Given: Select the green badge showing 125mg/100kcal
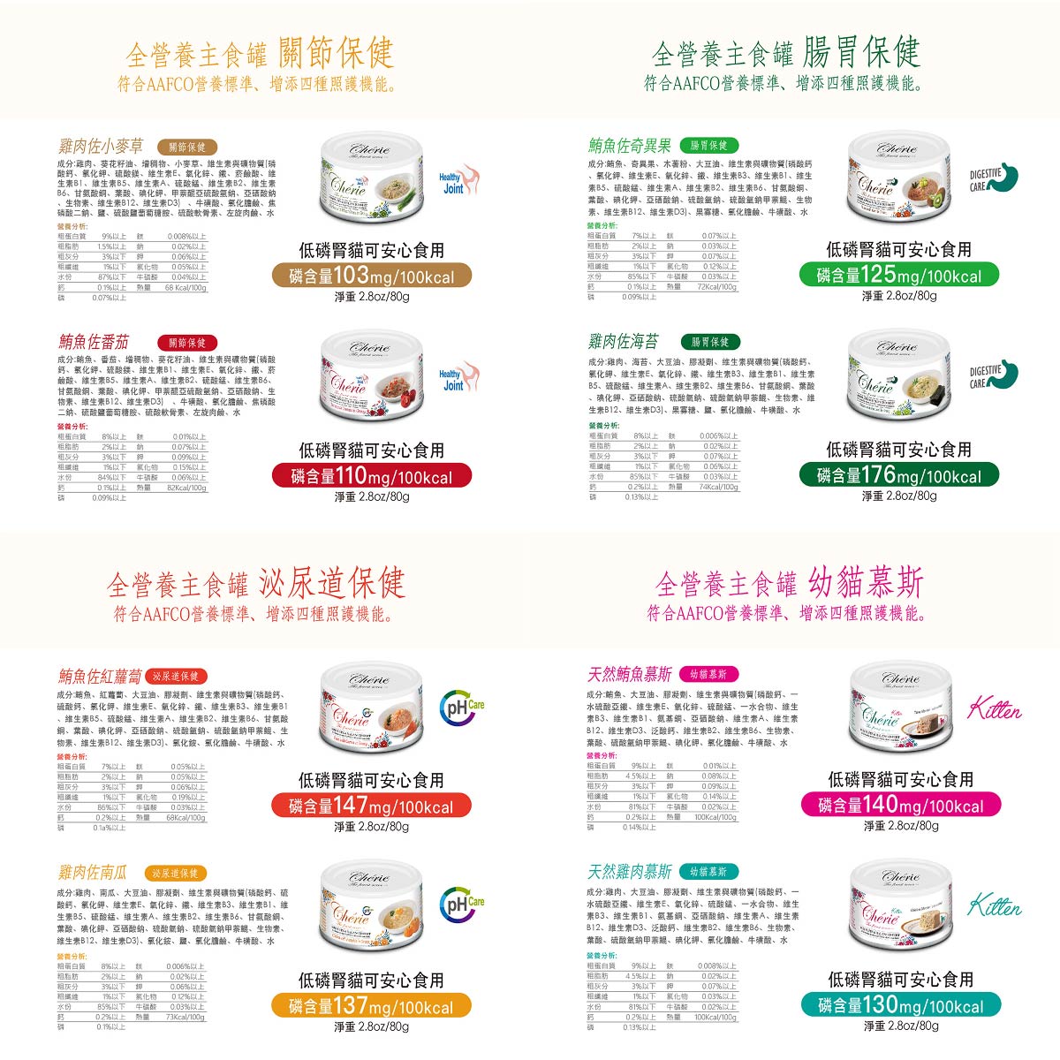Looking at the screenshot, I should (x=898, y=275).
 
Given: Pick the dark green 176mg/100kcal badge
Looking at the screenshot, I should (x=898, y=475).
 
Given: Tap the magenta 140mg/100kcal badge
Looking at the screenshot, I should (x=900, y=805).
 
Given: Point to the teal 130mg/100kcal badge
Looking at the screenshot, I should (x=900, y=1005).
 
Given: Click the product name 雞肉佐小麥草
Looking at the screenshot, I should (x=101, y=146).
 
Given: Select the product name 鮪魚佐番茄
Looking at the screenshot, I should (x=94, y=342).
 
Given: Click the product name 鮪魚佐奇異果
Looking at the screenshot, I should (x=630, y=146).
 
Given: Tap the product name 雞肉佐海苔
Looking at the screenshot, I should (x=624, y=341).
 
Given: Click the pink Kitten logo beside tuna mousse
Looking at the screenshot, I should (x=995, y=708).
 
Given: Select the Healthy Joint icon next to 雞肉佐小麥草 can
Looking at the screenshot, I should (x=458, y=180).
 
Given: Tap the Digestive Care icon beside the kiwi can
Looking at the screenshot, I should (x=993, y=178).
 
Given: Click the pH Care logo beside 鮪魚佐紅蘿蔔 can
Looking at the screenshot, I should (x=463, y=708).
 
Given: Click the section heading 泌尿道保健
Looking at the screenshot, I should (x=331, y=583).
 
